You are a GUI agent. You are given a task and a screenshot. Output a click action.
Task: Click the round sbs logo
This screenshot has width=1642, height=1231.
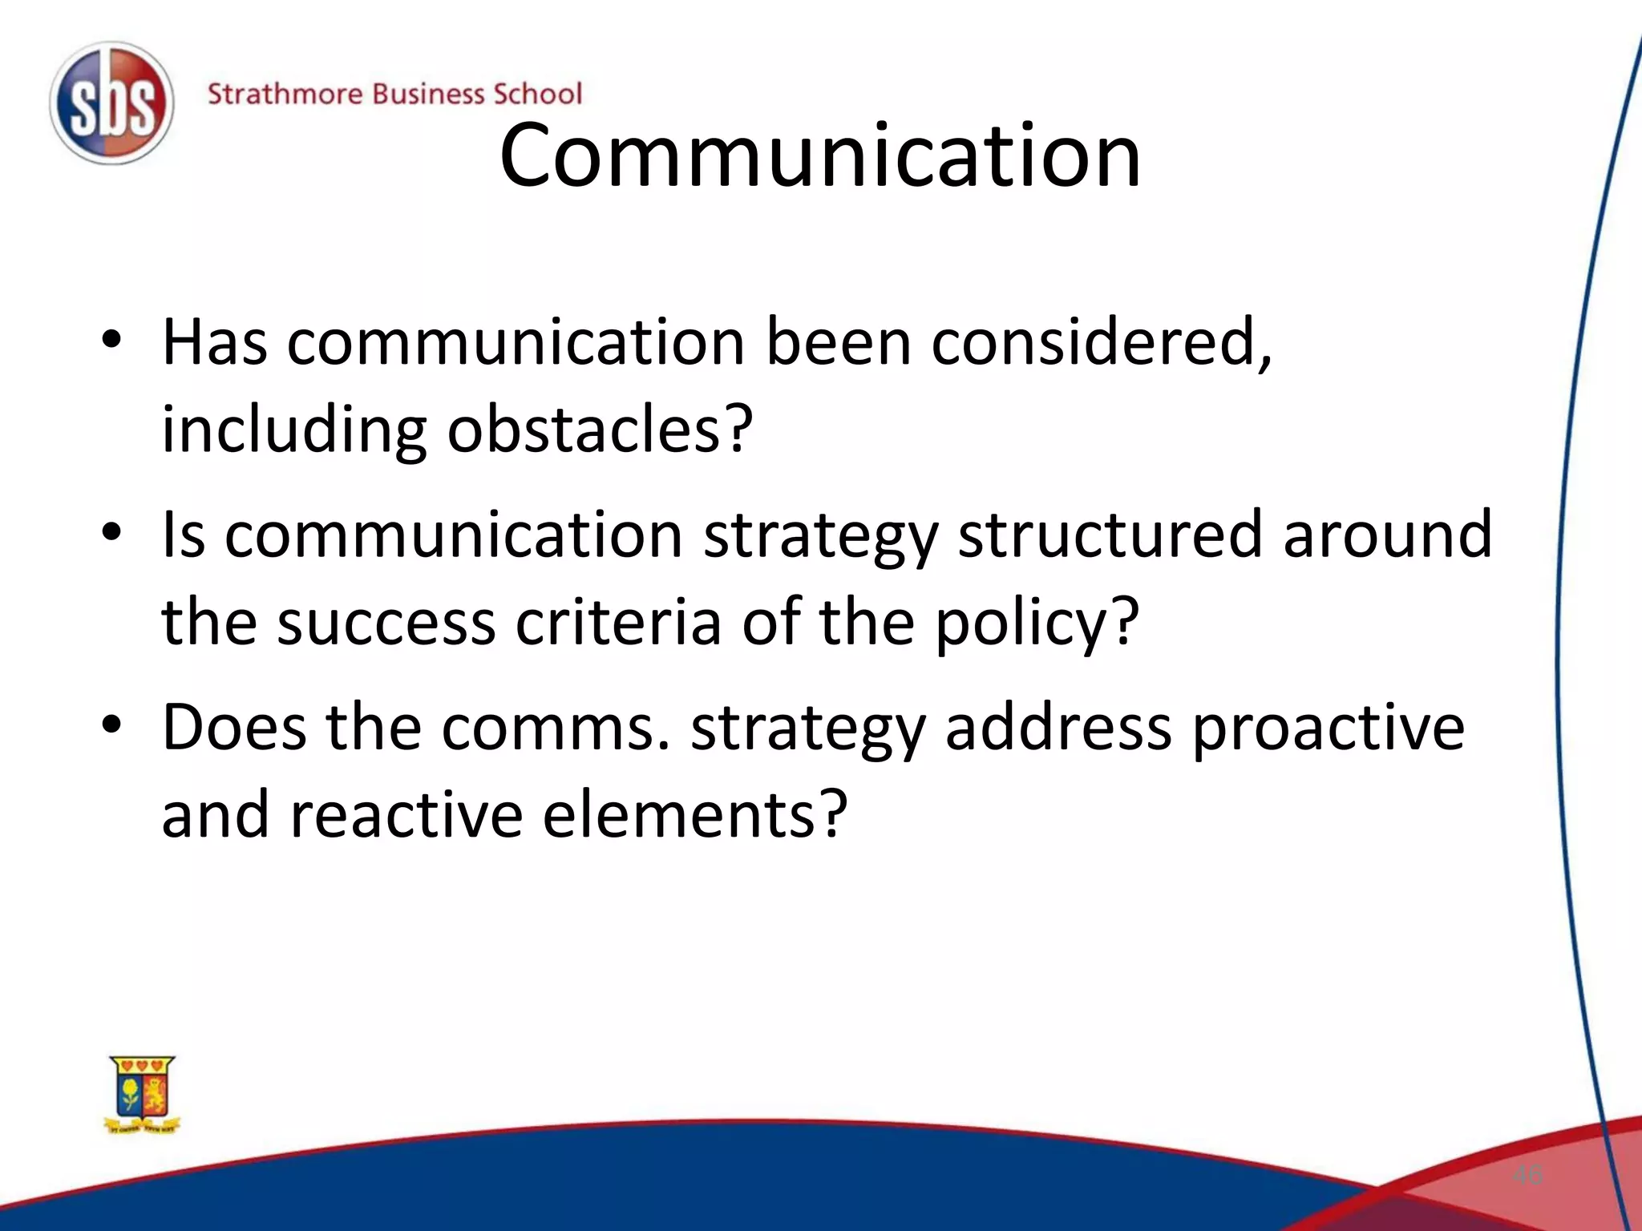click(111, 103)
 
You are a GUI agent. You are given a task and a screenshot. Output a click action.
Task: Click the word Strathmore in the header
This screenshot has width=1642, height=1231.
click(285, 94)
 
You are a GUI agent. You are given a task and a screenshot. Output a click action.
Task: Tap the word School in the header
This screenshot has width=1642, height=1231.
click(537, 94)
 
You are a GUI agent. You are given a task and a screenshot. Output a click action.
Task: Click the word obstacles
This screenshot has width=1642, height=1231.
click(600, 430)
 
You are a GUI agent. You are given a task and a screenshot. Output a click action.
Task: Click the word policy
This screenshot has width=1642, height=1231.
click(1036, 624)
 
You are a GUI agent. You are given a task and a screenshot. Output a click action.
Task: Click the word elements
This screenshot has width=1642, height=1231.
click(694, 814)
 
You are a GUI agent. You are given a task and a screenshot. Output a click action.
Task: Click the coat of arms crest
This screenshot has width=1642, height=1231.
click(143, 1095)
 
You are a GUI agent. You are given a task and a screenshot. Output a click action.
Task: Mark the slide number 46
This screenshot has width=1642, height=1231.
click(1527, 1176)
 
